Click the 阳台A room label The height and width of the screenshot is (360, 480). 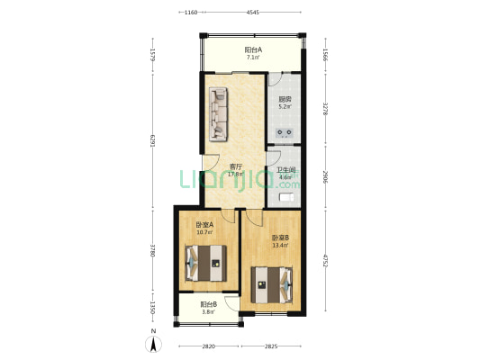click(253, 49)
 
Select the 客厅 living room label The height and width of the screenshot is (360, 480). click(236, 166)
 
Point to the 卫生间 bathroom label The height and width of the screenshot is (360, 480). click(286, 170)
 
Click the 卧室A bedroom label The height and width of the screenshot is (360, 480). click(204, 225)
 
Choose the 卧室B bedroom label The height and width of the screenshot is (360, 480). click(280, 238)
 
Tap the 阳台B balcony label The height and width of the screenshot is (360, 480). click(209, 304)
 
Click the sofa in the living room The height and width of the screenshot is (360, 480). click(218, 114)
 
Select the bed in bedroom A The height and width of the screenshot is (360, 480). click(205, 264)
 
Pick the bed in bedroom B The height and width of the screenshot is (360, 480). click(272, 285)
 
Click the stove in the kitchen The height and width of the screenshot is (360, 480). click(285, 132)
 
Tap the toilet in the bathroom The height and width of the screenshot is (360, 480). click(287, 197)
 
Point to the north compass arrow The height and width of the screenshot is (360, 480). click(154, 344)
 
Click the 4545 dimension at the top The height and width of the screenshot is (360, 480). click(253, 13)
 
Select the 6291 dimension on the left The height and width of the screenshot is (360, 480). click(152, 140)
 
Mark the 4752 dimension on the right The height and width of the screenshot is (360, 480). click(326, 260)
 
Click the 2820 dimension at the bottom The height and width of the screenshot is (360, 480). click(208, 346)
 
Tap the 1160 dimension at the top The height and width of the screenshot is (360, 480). click(191, 13)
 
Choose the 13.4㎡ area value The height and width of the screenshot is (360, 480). click(280, 245)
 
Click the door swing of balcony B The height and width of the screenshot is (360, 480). click(231, 303)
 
